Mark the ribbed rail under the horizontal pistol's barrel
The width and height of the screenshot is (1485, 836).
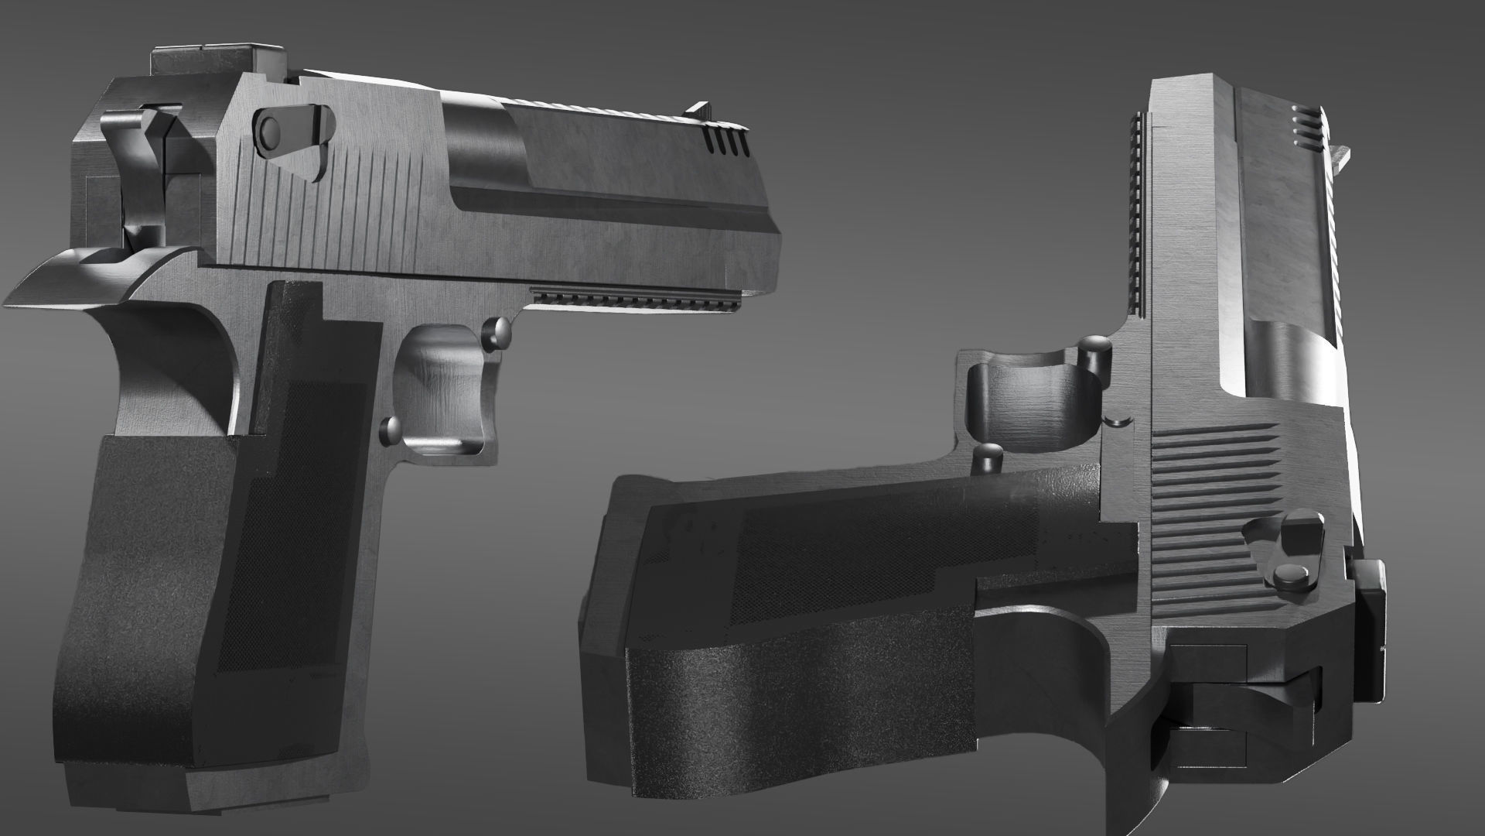click(634, 300)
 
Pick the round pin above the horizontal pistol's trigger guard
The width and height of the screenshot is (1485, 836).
click(497, 331)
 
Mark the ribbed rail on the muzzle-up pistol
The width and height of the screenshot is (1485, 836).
click(1138, 217)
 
